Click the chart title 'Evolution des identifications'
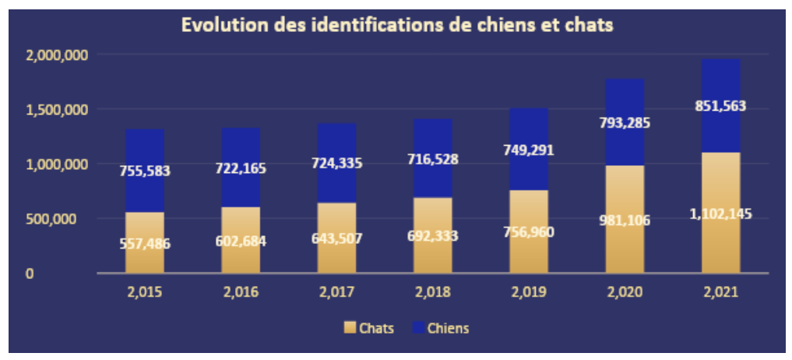point(397,25)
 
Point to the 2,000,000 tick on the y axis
point(57,55)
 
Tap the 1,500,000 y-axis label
point(57,110)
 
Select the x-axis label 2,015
point(144,293)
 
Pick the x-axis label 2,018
point(432,293)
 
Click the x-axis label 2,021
point(720,293)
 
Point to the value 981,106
point(625,221)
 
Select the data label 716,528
point(432,160)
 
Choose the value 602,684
point(241,241)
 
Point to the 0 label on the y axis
point(30,274)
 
